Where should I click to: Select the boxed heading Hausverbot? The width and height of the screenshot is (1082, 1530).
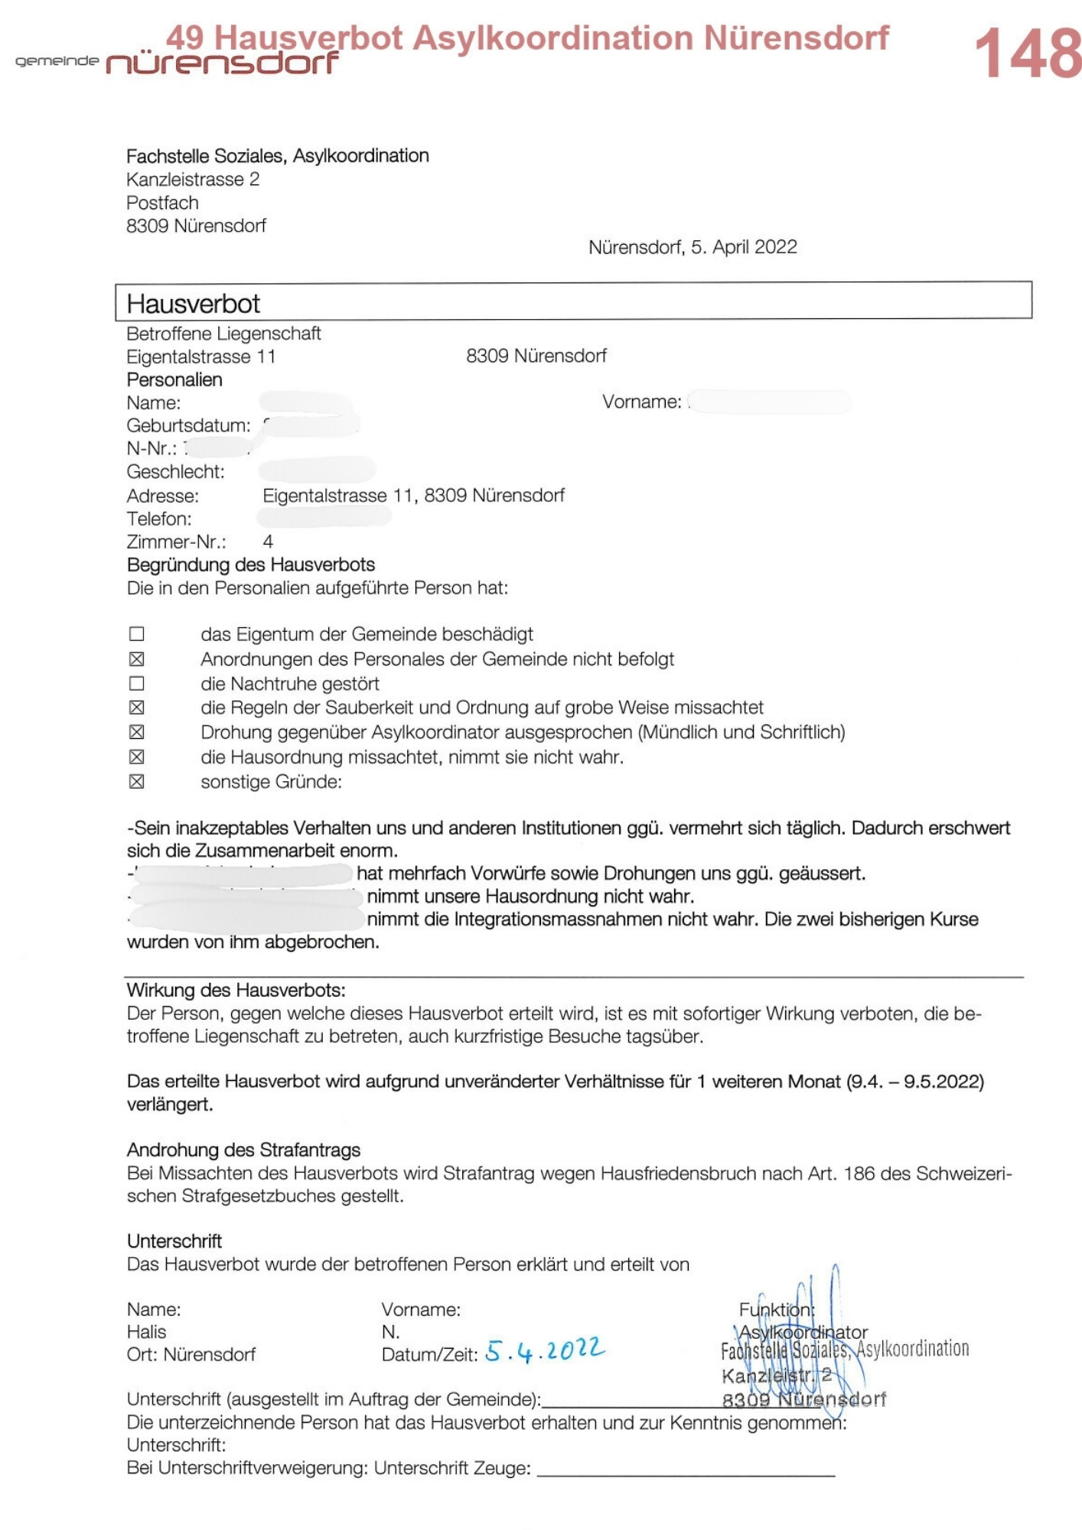tap(194, 304)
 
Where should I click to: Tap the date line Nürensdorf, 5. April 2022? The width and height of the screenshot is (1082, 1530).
tap(693, 247)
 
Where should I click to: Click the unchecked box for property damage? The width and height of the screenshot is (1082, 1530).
tap(137, 634)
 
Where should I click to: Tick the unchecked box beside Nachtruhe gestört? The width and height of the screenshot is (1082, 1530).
tap(137, 683)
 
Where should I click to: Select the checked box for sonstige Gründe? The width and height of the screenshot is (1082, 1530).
tap(137, 782)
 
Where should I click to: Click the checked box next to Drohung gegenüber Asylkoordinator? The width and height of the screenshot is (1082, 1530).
tap(137, 732)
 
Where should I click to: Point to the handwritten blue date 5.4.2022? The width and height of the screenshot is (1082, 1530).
tap(545, 1350)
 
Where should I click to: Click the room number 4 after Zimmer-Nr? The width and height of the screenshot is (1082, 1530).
tap(268, 542)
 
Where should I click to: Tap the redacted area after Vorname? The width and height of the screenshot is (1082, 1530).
tap(769, 402)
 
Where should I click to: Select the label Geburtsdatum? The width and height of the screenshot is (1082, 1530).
tap(188, 425)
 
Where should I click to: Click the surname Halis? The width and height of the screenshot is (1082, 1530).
tap(146, 1332)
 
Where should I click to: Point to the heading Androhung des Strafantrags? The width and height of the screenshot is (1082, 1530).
tap(243, 1150)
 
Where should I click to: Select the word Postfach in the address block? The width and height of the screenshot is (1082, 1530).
tap(162, 203)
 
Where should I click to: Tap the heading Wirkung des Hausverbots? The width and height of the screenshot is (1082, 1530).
tap(236, 990)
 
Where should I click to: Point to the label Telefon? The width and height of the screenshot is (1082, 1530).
tap(159, 519)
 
